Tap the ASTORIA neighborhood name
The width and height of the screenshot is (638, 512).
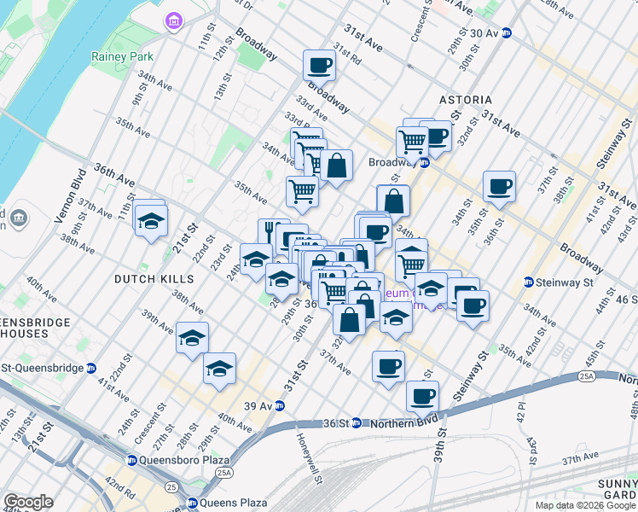pyautogui.click(x=466, y=100)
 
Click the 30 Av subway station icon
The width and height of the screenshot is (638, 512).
pyautogui.click(x=506, y=33)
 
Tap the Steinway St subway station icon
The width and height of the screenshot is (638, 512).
pyautogui.click(x=529, y=282)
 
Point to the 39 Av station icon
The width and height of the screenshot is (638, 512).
pyautogui.click(x=278, y=406)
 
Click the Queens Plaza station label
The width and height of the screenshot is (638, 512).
pyautogui.click(x=235, y=503)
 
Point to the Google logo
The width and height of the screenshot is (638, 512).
pyautogui.click(x=28, y=502)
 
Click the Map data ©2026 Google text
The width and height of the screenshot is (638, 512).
pyautogui.click(x=585, y=505)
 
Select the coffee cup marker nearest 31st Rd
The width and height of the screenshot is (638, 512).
pyautogui.click(x=320, y=65)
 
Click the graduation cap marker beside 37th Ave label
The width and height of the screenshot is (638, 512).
pyautogui.click(x=151, y=221)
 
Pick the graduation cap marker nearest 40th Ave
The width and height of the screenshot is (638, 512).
pyautogui.click(x=220, y=369)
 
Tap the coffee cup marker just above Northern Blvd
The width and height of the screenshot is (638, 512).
pyautogui.click(x=422, y=396)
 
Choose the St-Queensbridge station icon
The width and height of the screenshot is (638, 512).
pyautogui.click(x=91, y=369)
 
